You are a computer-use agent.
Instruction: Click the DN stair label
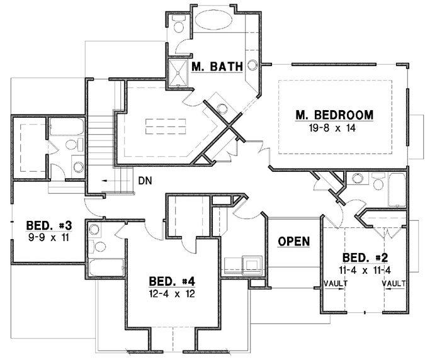145,180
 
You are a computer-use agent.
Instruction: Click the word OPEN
293,241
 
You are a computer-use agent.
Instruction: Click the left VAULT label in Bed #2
335,284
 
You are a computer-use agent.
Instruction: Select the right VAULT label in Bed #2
393,284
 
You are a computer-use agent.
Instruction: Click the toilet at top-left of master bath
178,26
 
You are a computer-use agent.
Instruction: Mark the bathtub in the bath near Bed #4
108,267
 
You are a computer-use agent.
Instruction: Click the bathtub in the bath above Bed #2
398,189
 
